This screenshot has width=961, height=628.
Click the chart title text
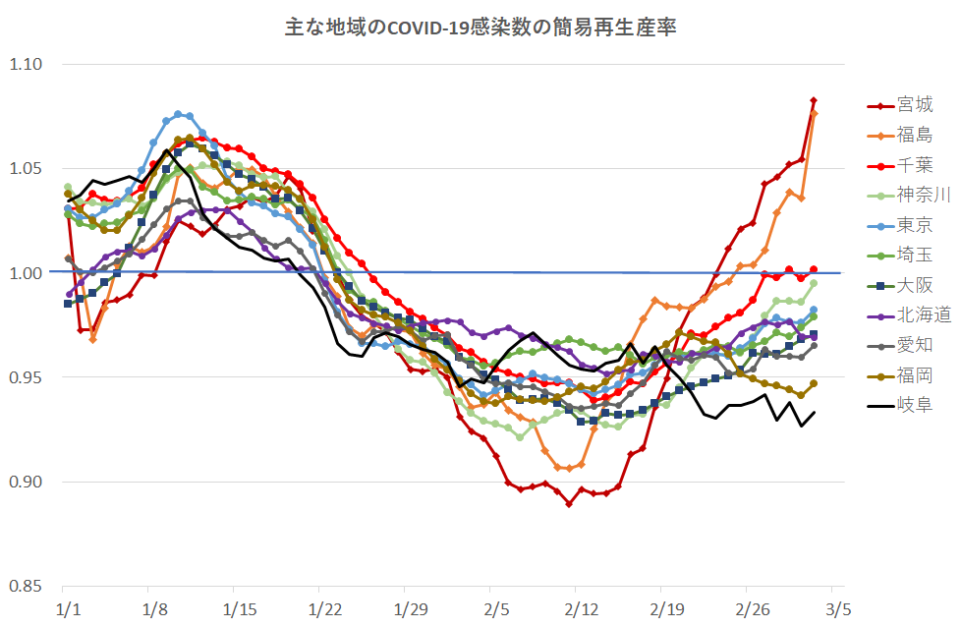[480, 27]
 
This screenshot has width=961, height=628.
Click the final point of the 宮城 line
[814, 100]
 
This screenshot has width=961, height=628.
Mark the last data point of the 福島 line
[814, 114]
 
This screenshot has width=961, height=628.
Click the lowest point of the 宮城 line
[569, 504]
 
